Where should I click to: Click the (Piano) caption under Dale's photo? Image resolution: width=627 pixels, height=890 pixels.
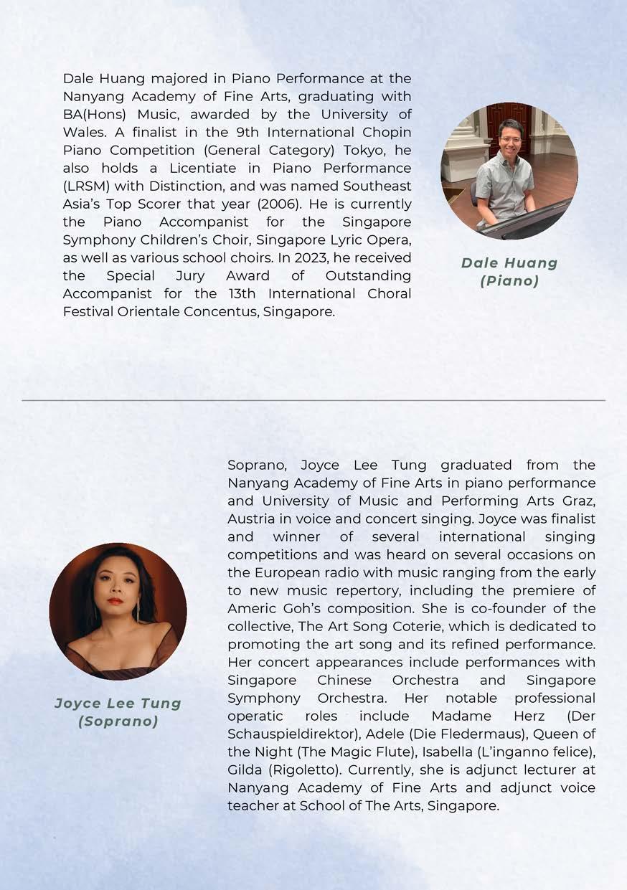pos(509,281)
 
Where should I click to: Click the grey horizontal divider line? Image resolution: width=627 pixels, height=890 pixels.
pos(313,400)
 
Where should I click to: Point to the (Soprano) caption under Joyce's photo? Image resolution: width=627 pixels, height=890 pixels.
pos(118,721)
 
